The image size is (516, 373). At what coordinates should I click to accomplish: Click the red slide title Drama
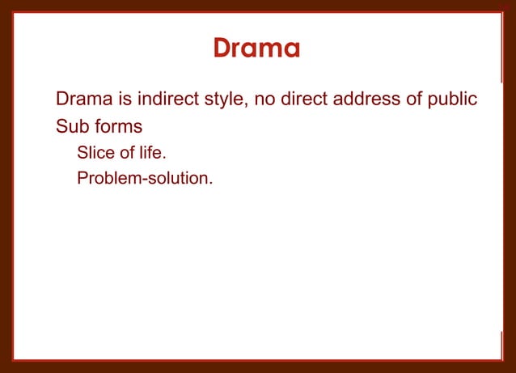pyautogui.click(x=257, y=49)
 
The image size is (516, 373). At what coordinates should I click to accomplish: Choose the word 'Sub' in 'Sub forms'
pyautogui.click(x=71, y=127)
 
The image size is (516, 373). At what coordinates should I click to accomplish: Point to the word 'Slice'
pyautogui.click(x=95, y=152)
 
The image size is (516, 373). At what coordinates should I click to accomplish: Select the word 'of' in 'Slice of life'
pyautogui.click(x=126, y=152)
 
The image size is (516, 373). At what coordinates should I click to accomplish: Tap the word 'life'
pyautogui.click(x=151, y=152)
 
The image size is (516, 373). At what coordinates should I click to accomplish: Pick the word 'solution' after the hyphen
pyautogui.click(x=177, y=177)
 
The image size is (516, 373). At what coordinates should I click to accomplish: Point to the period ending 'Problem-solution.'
pyautogui.click(x=211, y=182)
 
